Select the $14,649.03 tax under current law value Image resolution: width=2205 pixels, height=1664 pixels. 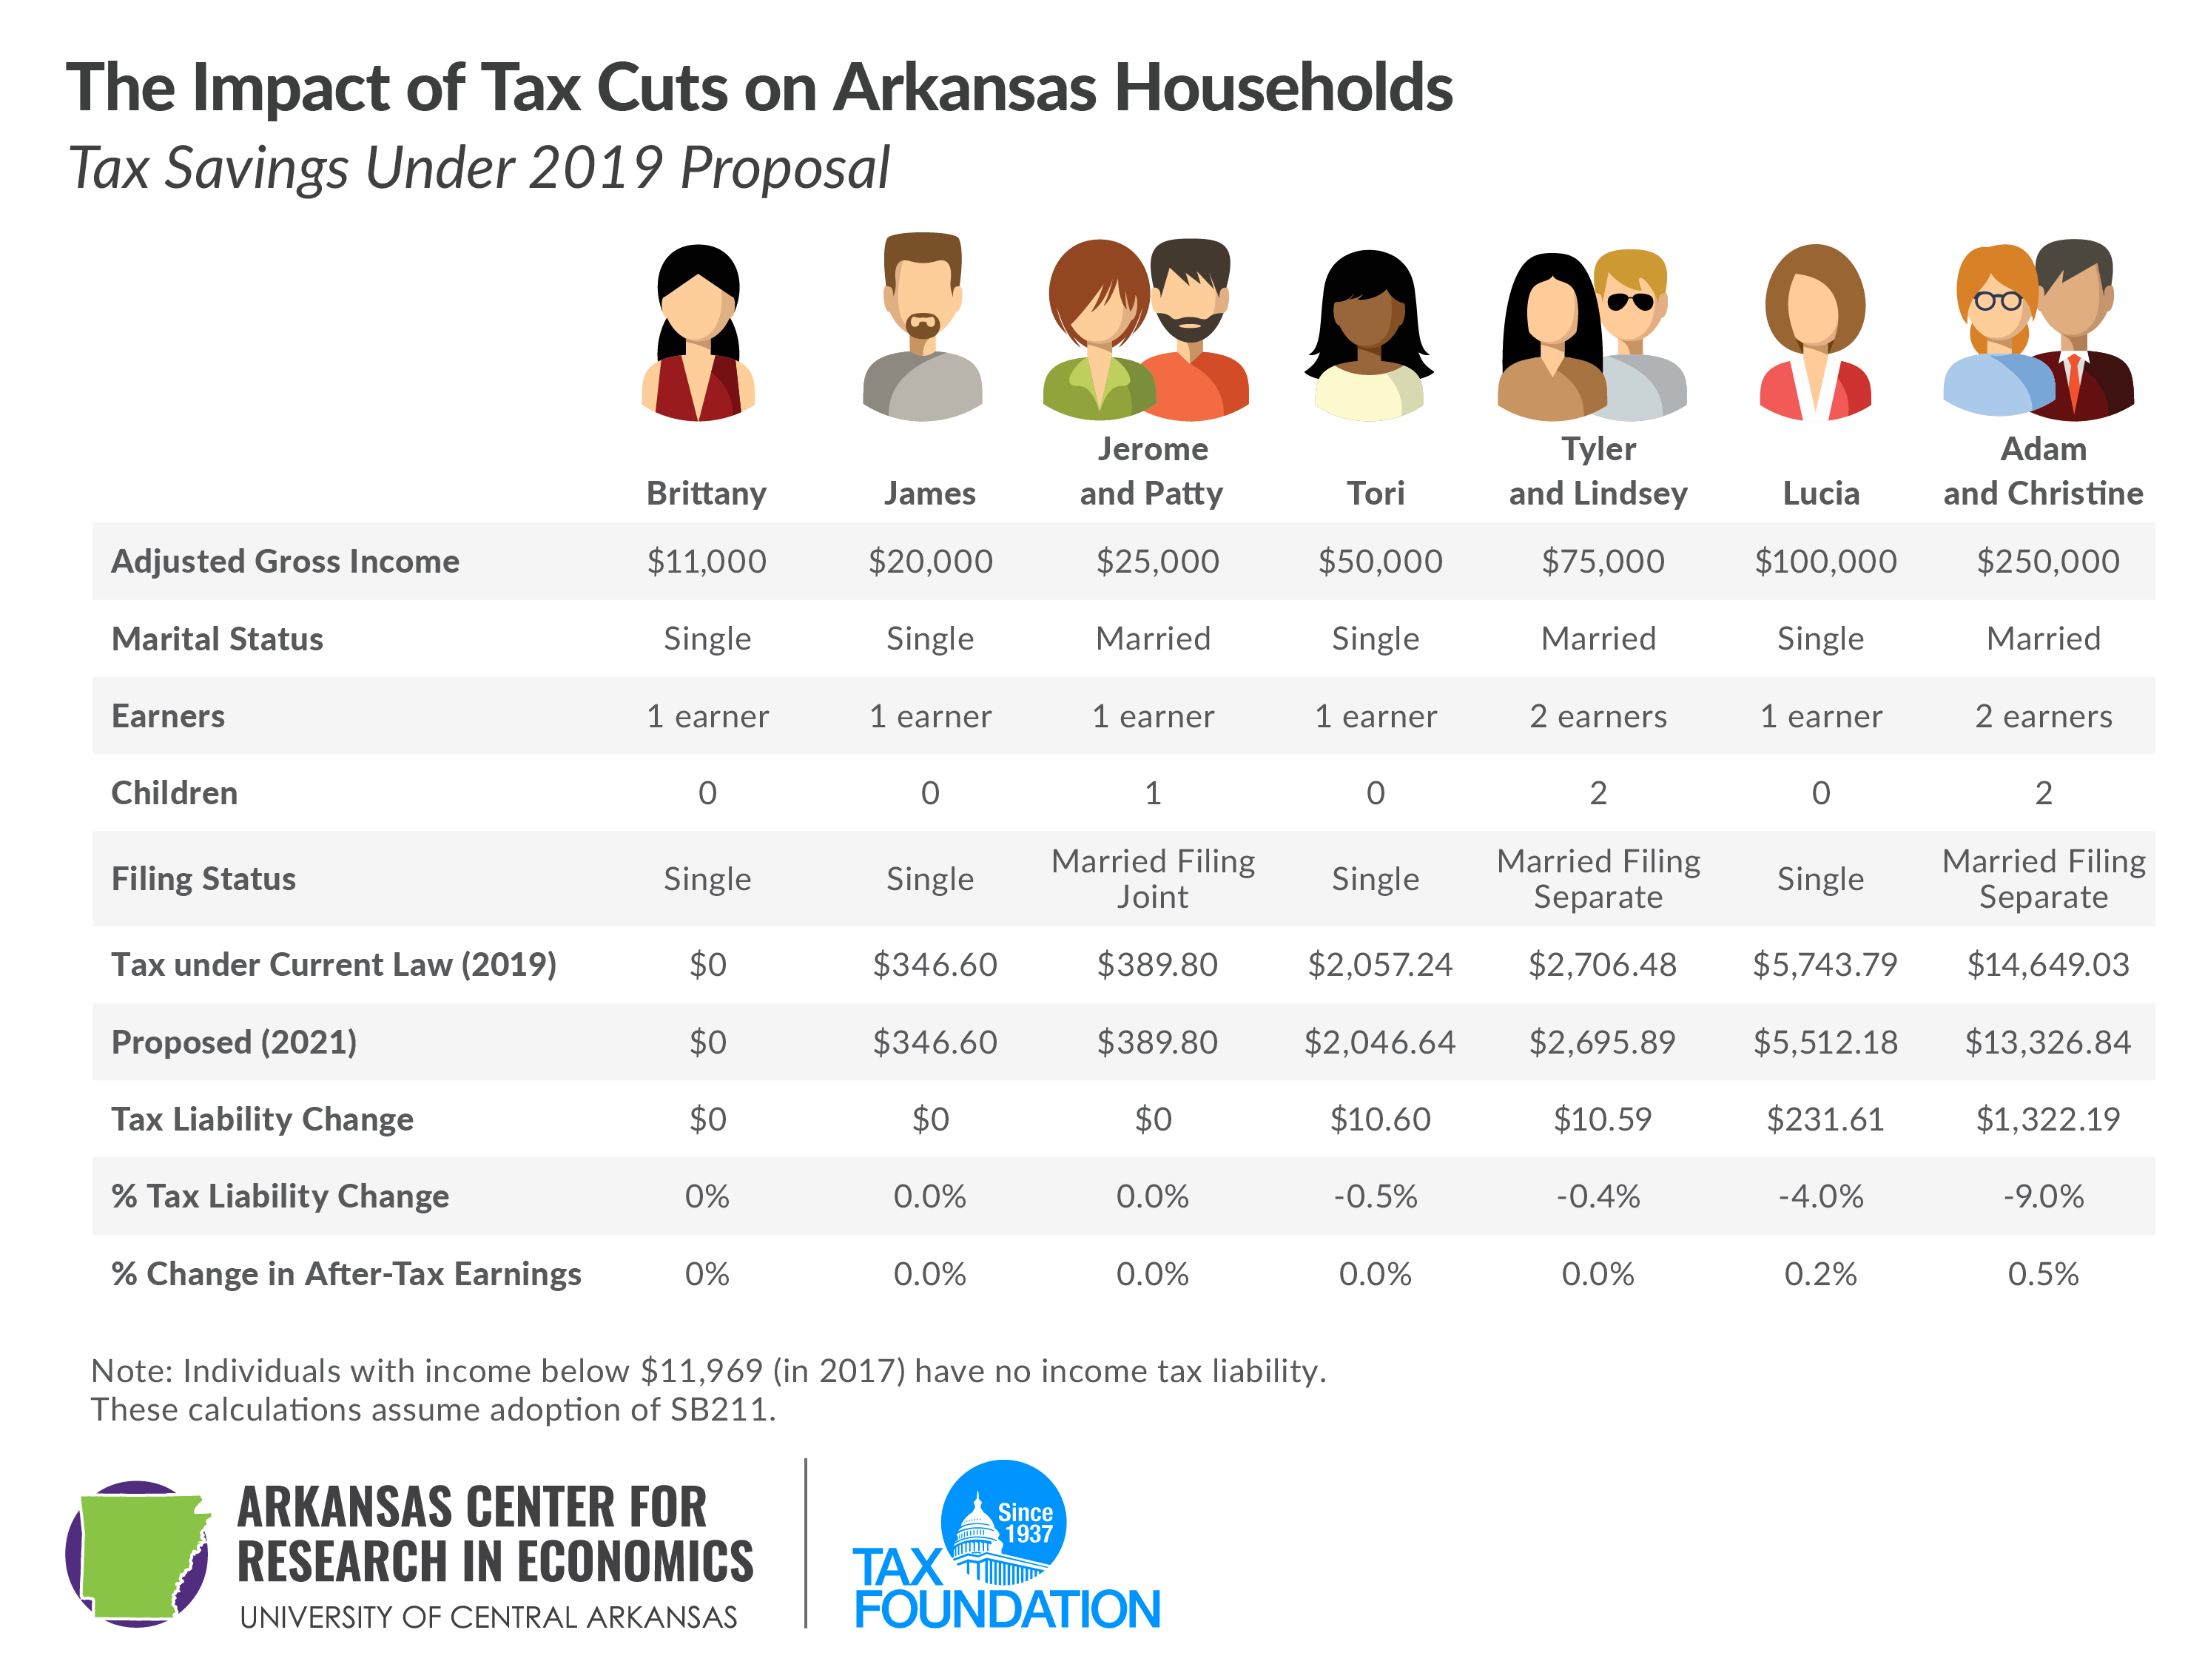click(x=2047, y=964)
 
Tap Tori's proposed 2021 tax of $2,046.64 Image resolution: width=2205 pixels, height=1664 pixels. click(x=1380, y=1042)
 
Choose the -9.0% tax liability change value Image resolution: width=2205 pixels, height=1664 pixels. click(x=2044, y=1196)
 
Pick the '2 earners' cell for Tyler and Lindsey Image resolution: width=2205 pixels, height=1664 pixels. click(x=1598, y=716)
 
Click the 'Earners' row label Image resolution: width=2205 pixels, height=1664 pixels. click(x=167, y=716)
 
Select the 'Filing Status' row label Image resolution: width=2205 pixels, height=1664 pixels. click(x=203, y=878)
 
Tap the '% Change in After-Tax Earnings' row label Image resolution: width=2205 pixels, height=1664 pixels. click(x=346, y=1273)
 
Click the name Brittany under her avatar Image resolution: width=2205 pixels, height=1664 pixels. click(x=706, y=493)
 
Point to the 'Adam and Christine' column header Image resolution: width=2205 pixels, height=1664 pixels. click(x=2044, y=471)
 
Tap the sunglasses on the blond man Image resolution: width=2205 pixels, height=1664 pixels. click(x=1631, y=301)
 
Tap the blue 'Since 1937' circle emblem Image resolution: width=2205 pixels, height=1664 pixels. click(x=1005, y=1520)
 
